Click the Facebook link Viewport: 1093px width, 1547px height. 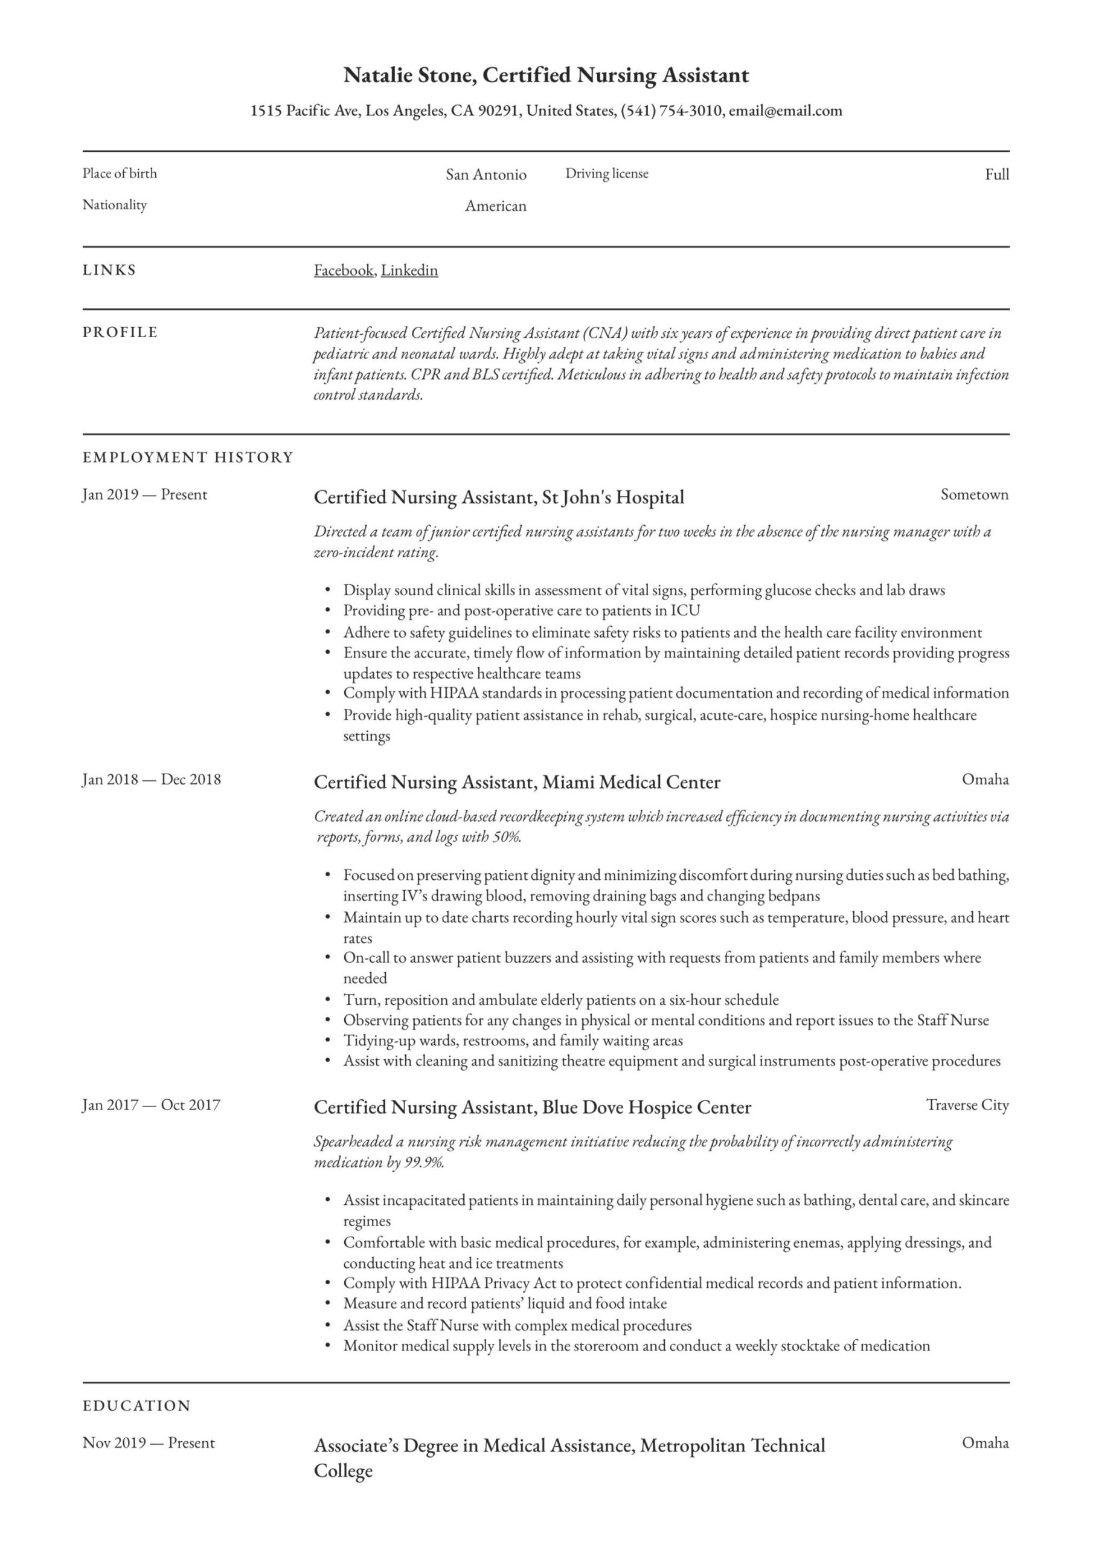point(344,270)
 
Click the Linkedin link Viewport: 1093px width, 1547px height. point(409,270)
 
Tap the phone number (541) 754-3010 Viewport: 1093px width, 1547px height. point(671,111)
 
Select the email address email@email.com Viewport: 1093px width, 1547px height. point(785,111)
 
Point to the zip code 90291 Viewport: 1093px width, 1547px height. point(498,111)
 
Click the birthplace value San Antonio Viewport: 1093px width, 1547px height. point(486,175)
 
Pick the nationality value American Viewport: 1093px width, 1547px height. point(496,206)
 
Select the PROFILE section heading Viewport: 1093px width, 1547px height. point(120,332)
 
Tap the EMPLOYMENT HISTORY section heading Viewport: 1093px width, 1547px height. point(188,457)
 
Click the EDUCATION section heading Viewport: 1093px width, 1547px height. point(136,1406)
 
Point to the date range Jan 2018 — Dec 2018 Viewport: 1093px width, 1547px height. point(152,780)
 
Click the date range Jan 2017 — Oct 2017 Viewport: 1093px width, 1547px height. point(152,1105)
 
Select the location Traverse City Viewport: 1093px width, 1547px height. point(967,1105)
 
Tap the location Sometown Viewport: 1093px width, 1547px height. point(974,494)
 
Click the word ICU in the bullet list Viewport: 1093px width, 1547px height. point(685,610)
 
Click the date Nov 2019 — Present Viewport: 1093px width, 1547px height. point(149,1443)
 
